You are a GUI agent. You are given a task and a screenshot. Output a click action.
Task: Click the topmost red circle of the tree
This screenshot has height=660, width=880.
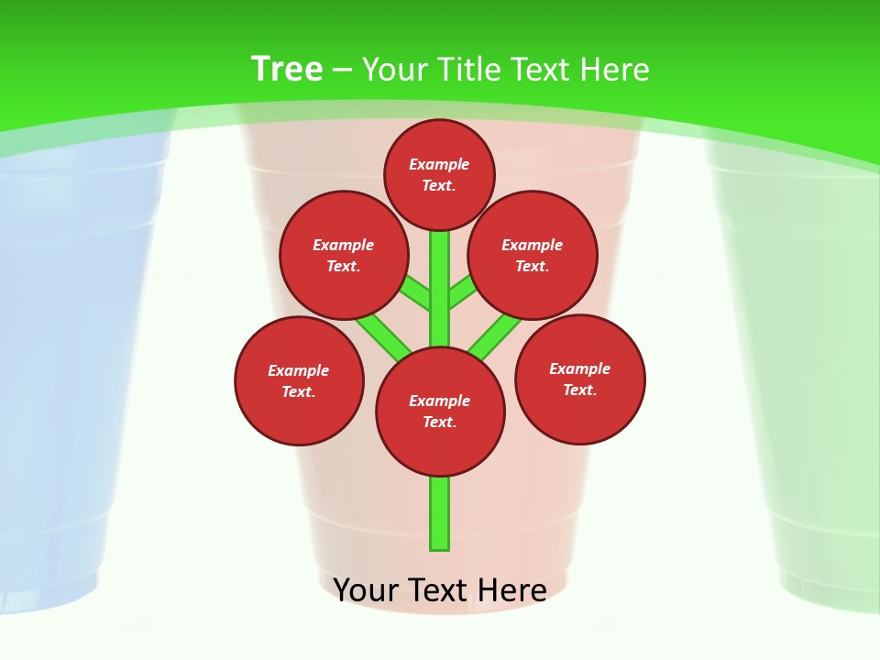(x=439, y=174)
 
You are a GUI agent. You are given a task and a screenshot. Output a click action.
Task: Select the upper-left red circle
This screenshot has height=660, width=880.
(x=344, y=255)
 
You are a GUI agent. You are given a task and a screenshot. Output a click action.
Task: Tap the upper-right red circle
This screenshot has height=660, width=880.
(x=533, y=255)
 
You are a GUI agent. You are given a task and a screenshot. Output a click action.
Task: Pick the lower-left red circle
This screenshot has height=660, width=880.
(x=299, y=380)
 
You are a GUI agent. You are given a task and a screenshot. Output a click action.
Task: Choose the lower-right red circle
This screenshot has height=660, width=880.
(x=579, y=379)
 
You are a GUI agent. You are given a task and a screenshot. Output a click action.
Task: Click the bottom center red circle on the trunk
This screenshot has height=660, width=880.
(x=440, y=411)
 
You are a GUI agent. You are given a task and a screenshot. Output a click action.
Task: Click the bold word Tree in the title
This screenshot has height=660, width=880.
(x=287, y=69)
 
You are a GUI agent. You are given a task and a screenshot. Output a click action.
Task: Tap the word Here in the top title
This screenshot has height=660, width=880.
(x=613, y=69)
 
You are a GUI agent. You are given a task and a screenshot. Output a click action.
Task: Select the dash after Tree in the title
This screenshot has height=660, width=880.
(x=342, y=71)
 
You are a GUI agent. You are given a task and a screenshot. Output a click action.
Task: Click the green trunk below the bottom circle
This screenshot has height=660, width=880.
(x=440, y=513)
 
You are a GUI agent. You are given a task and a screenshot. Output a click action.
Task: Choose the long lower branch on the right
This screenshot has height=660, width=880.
(x=495, y=335)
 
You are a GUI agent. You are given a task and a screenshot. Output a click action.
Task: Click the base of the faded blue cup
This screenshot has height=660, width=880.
(x=46, y=591)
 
